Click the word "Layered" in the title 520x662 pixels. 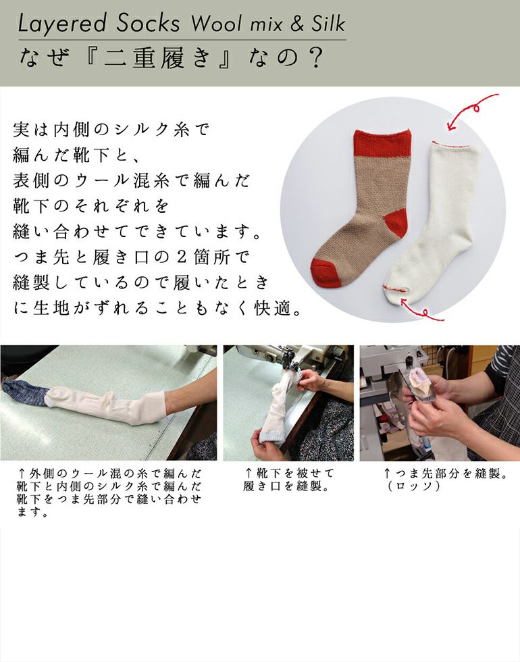[61, 24]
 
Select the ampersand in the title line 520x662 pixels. [296, 24]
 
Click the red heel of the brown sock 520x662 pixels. [395, 226]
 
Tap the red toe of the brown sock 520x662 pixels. [324, 271]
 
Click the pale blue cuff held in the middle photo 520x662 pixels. [271, 435]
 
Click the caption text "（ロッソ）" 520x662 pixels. [414, 486]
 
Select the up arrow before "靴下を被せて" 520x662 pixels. [249, 472]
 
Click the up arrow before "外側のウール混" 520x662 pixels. [22, 472]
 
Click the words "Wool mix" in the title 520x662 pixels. [236, 24]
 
